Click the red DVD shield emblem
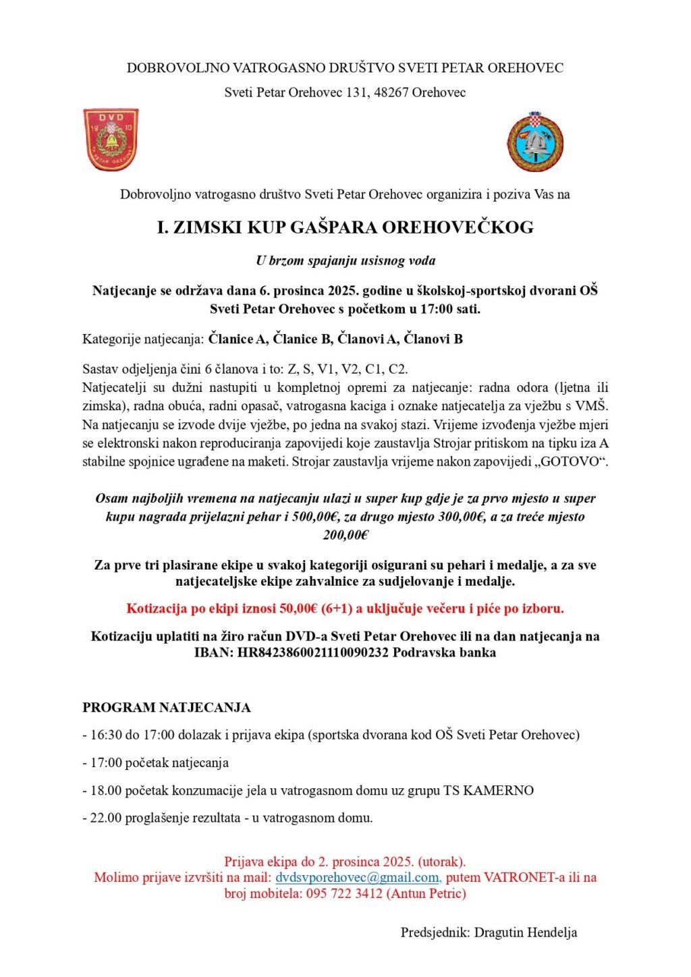click(x=111, y=140)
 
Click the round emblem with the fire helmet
click(x=535, y=142)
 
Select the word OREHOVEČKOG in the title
click(x=458, y=227)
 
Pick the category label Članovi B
click(x=433, y=339)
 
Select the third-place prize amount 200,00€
click(x=345, y=535)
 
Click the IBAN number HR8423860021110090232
click(x=313, y=652)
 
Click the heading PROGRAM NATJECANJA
click(x=167, y=708)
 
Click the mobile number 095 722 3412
click(x=344, y=893)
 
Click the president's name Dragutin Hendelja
click(x=526, y=932)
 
